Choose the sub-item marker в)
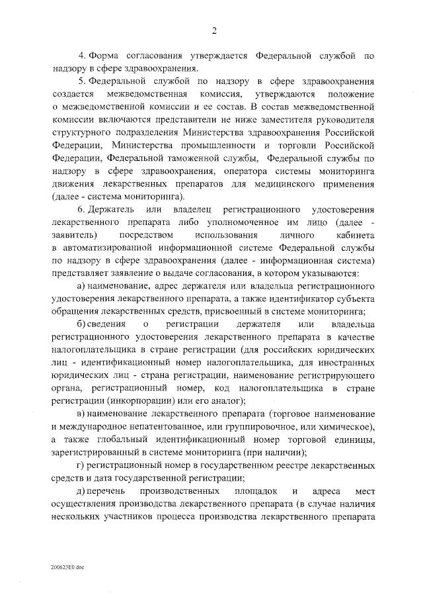coord(81,415)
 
